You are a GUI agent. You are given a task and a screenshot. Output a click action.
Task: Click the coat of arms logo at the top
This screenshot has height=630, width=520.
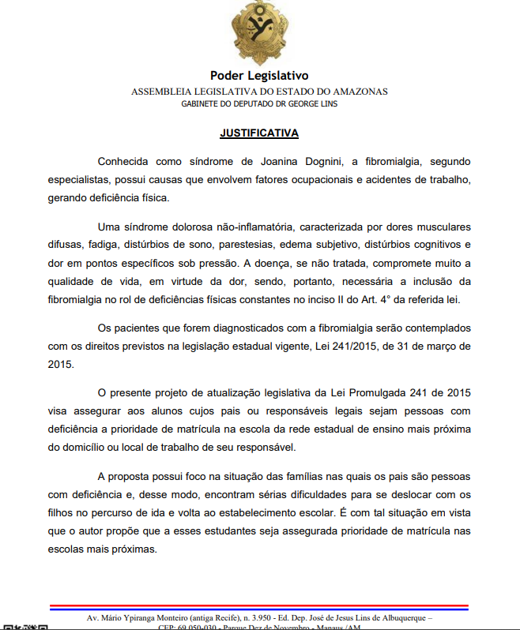click(259, 34)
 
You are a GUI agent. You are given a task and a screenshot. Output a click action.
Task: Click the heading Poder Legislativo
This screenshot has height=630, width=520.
click(259, 76)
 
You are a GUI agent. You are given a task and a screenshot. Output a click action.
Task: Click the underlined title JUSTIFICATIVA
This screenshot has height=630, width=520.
click(259, 133)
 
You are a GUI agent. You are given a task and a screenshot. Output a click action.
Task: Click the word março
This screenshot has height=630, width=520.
click(440, 345)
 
